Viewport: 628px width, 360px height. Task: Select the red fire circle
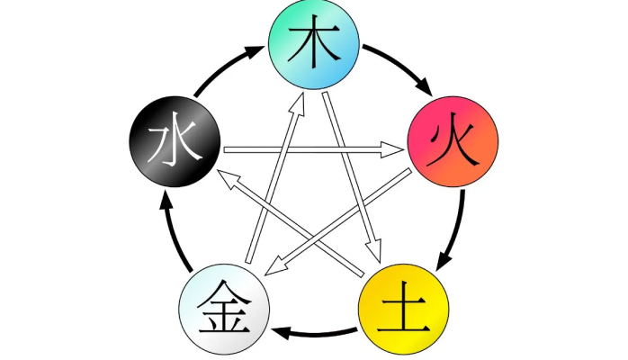point(452,143)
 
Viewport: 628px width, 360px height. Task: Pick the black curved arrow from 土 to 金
point(314,332)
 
